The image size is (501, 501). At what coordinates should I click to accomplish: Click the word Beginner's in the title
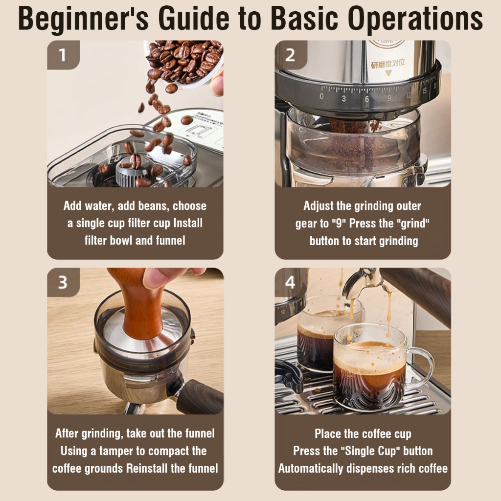[83, 19]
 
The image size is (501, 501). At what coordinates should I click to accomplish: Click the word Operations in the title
[415, 19]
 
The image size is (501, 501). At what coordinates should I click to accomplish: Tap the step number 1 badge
[63, 55]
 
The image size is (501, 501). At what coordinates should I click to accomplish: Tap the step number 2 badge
[291, 55]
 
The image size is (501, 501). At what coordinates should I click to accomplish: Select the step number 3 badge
[63, 282]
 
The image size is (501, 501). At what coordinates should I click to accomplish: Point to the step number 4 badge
[291, 282]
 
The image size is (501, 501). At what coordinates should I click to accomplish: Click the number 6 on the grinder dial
[367, 99]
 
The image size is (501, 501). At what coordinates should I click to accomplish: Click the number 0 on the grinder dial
[321, 96]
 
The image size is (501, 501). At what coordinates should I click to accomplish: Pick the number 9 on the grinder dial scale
[389, 98]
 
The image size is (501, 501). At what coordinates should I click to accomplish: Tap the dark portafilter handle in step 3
[199, 396]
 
